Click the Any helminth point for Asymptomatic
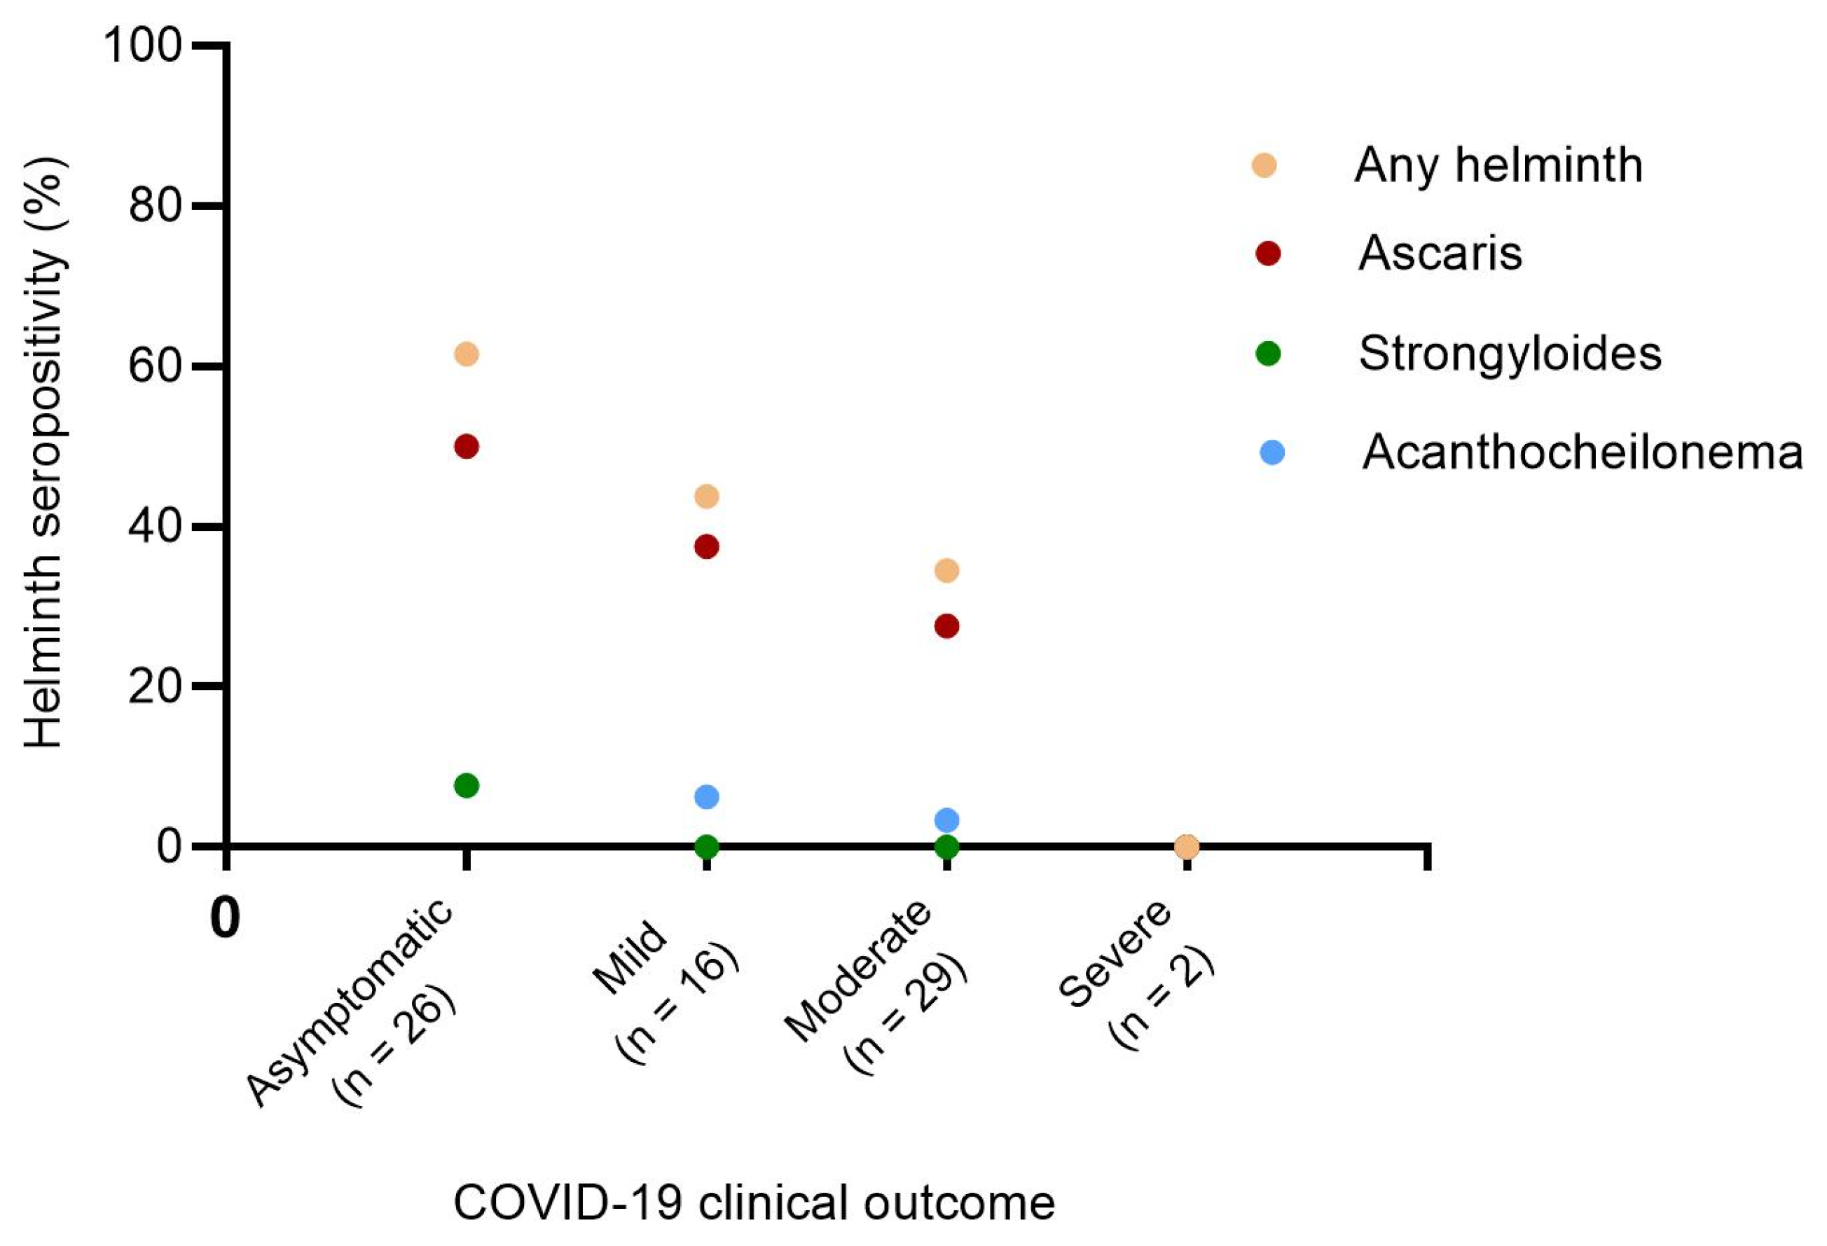click(x=466, y=354)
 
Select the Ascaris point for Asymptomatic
click(x=466, y=448)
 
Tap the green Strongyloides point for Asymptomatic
click(x=466, y=785)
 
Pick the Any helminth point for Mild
click(x=707, y=497)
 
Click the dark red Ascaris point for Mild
click(x=707, y=547)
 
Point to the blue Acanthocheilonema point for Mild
click(x=707, y=797)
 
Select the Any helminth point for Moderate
click(x=947, y=571)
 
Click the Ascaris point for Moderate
click(x=947, y=627)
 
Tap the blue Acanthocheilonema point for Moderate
click(x=947, y=821)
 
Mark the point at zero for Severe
click(x=1187, y=847)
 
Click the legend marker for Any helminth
click(x=1264, y=166)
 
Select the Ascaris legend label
click(x=1440, y=253)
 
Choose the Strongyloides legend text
click(x=1510, y=354)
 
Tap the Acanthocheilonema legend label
click(x=1582, y=453)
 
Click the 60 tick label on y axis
click(x=155, y=366)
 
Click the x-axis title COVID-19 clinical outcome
click(x=754, y=1202)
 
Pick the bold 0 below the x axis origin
click(x=226, y=918)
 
